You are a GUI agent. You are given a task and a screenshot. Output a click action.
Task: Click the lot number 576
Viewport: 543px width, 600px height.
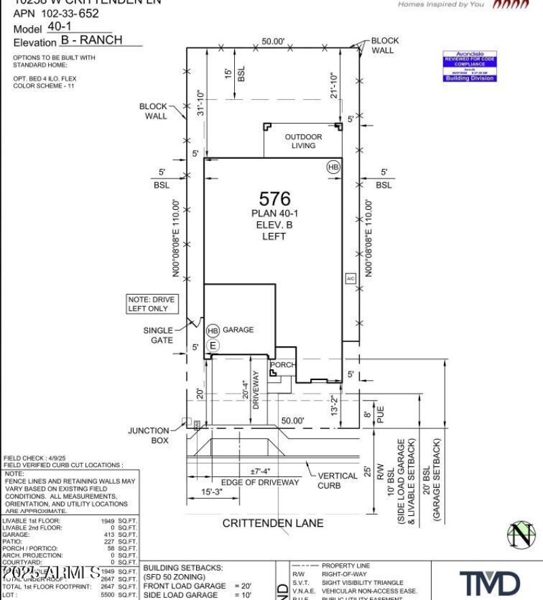coord(274,198)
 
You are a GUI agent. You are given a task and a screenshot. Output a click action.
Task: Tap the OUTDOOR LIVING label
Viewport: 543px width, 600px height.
coord(303,141)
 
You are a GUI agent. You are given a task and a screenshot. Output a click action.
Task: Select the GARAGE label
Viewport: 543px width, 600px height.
coord(238,330)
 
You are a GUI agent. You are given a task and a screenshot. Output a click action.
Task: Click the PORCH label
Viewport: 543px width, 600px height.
coord(283,364)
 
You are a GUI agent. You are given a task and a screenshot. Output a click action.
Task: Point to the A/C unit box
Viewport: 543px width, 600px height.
coord(350,278)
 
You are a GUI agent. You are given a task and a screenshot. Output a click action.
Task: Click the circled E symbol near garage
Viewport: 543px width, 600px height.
coord(213,345)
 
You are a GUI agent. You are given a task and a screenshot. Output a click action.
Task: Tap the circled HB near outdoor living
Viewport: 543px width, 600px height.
coord(333,167)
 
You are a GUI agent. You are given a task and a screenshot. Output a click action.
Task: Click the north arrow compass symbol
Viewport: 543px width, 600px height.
coord(521,535)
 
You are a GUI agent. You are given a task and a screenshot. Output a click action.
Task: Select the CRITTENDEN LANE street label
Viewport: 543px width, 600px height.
coord(273,523)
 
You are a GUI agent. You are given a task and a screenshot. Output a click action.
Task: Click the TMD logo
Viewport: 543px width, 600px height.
coord(490,583)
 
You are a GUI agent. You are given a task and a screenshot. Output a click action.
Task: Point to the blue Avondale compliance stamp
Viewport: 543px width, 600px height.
coord(470,67)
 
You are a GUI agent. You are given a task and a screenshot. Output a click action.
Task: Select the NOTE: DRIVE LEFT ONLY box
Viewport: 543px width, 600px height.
coord(151,304)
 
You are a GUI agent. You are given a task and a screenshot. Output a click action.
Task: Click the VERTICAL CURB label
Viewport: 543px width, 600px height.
coord(337,481)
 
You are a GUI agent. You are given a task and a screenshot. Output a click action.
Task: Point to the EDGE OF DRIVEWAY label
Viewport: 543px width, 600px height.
coord(260,483)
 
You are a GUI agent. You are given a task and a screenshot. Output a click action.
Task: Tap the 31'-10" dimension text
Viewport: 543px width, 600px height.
coord(200,102)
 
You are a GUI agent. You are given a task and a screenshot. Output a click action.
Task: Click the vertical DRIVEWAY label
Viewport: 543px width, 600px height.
coord(256,389)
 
